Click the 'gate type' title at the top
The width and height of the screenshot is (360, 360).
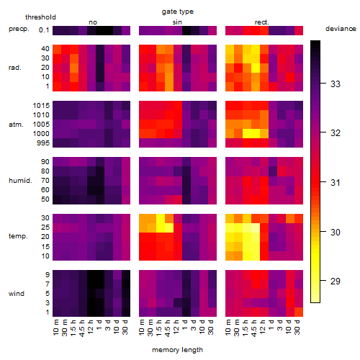tap(178, 12)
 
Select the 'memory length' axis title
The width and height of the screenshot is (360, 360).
tap(177, 350)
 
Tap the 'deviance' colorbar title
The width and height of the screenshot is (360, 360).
tap(341, 29)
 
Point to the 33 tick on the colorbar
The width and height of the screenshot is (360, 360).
tap(323, 84)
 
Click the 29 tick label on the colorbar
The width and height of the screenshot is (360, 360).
tap(336, 281)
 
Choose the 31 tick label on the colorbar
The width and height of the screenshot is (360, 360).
tap(336, 183)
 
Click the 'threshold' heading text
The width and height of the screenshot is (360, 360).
tap(40, 17)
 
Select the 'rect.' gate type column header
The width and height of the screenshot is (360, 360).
tap(261, 22)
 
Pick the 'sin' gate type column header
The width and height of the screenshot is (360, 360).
tap(177, 22)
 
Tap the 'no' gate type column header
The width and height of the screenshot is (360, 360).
tap(93, 22)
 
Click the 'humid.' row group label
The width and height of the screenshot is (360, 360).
tap(20, 181)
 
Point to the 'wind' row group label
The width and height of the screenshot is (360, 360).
tap(17, 294)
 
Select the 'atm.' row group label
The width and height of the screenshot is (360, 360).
tap(16, 125)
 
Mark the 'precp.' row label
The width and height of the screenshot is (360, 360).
tap(19, 29)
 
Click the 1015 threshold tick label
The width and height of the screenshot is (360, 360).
tap(41, 105)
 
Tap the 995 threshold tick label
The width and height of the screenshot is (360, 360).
tap(43, 143)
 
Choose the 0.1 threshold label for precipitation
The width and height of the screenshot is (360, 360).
tap(44, 30)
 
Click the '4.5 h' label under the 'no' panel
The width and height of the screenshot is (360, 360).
tap(82, 328)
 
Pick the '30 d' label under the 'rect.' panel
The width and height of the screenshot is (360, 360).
tap(297, 327)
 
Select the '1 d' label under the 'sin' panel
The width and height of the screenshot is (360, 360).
tap(185, 325)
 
